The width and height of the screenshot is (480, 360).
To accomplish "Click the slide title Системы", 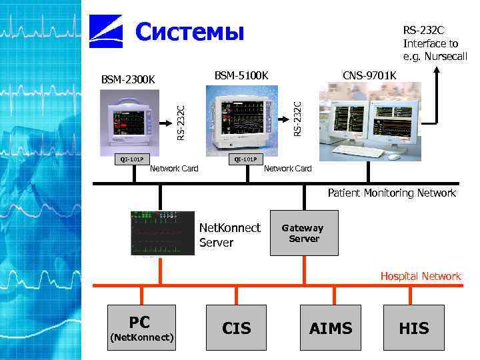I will point(190,31).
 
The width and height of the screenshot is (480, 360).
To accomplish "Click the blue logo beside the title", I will point(106,32).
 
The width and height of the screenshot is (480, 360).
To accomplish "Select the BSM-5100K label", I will point(241,75).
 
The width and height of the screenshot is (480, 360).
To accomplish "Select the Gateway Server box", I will point(304,233).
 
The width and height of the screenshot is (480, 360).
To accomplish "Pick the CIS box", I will point(236,327).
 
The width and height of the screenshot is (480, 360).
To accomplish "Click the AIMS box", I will point(331,327).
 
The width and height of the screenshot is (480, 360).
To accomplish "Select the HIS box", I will point(413,327).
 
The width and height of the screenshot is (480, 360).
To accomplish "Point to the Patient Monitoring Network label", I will point(391,193).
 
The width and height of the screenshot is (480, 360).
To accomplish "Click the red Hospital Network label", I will point(420,276).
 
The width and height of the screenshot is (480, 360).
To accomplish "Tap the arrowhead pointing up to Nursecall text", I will point(437,71).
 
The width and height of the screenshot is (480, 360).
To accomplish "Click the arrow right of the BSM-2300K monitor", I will point(165,123).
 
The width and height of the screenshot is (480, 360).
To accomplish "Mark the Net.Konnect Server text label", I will point(230,235).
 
